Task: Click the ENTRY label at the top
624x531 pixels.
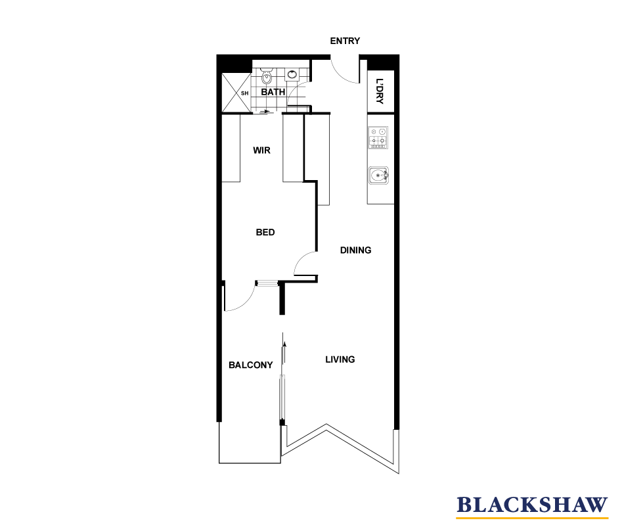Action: pyautogui.click(x=345, y=41)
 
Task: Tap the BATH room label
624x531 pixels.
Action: pyautogui.click(x=273, y=92)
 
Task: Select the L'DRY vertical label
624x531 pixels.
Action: pyautogui.click(x=380, y=92)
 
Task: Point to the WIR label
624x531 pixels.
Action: pyautogui.click(x=261, y=150)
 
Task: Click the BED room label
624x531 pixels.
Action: pyautogui.click(x=265, y=233)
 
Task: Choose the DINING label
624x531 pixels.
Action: pyautogui.click(x=355, y=250)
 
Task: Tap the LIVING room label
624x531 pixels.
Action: pyautogui.click(x=340, y=359)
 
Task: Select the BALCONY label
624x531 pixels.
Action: pyautogui.click(x=250, y=365)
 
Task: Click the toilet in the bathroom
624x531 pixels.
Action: pyautogui.click(x=266, y=78)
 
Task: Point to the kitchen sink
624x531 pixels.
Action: pyautogui.click(x=379, y=176)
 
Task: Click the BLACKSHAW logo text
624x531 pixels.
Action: pyautogui.click(x=533, y=505)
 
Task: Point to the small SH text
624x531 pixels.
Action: pyautogui.click(x=245, y=93)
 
